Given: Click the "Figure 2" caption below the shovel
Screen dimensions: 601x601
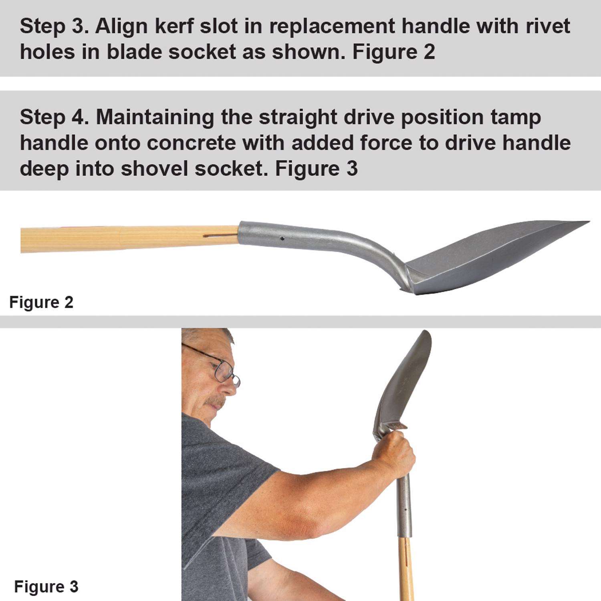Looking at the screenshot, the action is pyautogui.click(x=41, y=302).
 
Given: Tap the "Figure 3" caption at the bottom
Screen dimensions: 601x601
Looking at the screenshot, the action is pyautogui.click(x=46, y=587).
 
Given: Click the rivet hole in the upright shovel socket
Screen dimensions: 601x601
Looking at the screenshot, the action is pyautogui.click(x=406, y=510).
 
